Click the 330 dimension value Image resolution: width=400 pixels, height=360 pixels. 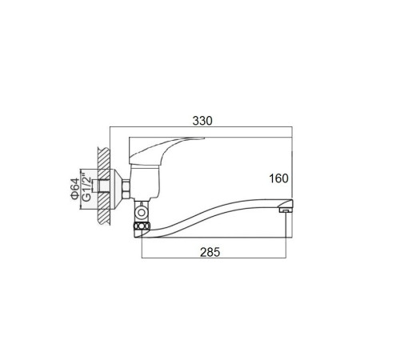coord(202,121)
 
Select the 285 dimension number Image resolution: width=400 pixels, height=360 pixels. coord(210,252)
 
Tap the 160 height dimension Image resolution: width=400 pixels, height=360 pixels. coord(278,178)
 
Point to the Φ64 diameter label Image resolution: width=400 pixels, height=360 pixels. coord(74,189)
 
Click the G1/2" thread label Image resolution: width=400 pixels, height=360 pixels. coord(86,187)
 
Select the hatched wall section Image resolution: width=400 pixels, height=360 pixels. coord(104,186)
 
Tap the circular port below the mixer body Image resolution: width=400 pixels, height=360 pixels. coord(141,213)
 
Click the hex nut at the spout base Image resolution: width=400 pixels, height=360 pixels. coord(142,226)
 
